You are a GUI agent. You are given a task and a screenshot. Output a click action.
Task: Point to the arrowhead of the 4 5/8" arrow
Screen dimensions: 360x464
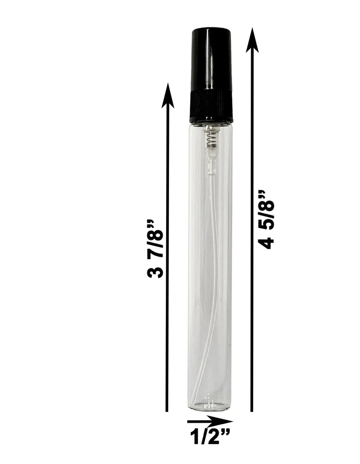click(252, 40)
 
